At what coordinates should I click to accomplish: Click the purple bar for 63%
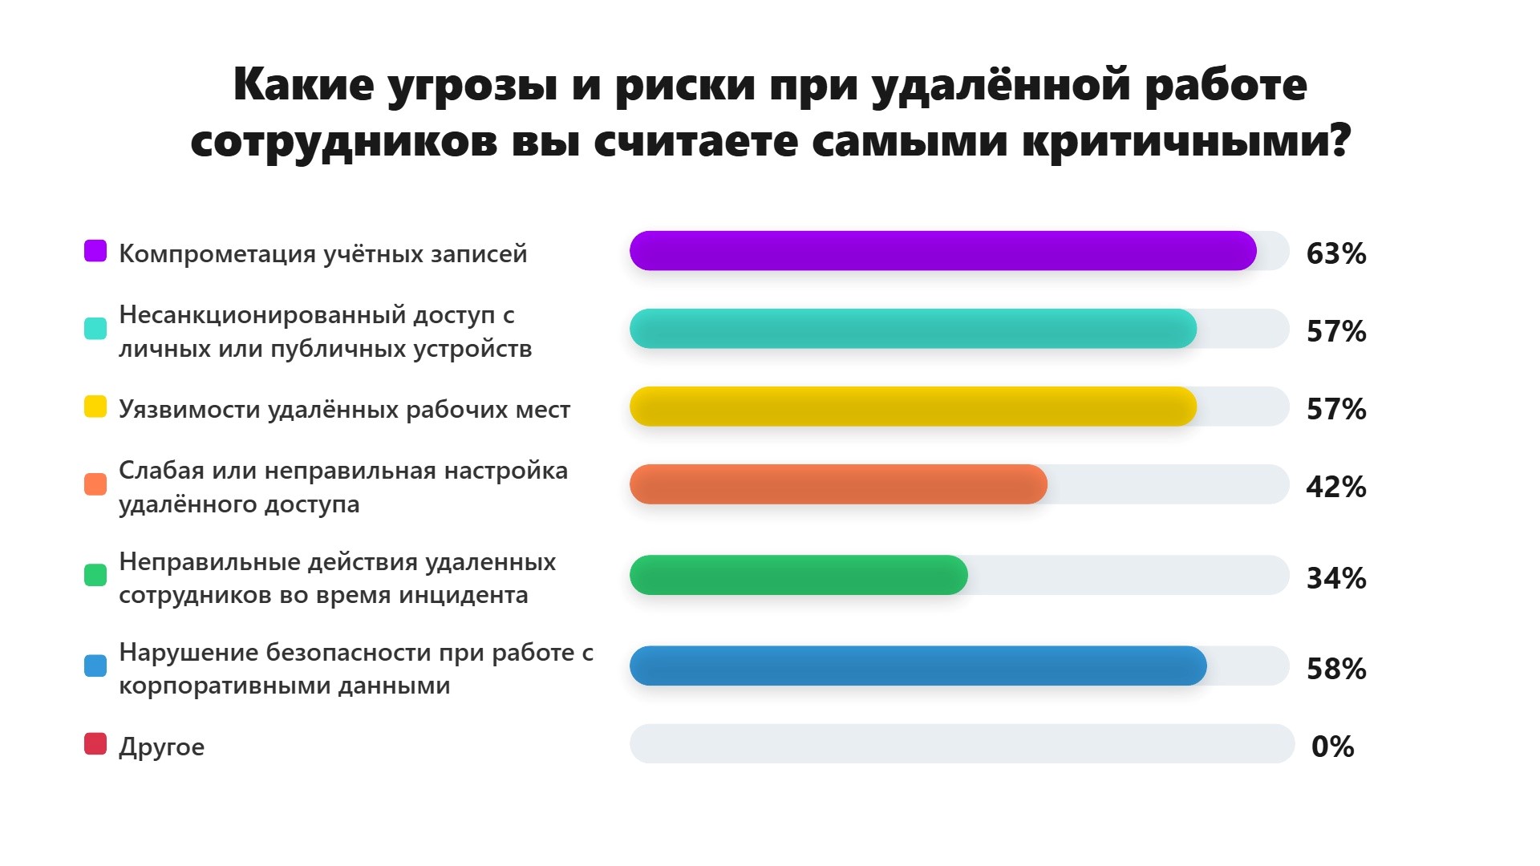[943, 251]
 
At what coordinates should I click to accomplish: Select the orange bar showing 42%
[838, 484]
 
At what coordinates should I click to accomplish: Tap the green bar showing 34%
[799, 575]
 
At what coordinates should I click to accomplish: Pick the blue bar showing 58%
[918, 666]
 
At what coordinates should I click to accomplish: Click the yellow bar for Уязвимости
[914, 407]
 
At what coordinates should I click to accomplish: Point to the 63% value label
[1336, 253]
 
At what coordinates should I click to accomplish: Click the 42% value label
[1336, 487]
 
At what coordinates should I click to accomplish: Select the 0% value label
[1333, 747]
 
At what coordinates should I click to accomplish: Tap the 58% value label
[1336, 669]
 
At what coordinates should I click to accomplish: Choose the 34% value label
[1336, 578]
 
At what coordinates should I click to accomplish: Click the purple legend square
[95, 251]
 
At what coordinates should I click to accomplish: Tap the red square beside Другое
[95, 744]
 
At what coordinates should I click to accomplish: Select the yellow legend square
[95, 407]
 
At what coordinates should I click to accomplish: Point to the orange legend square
[95, 484]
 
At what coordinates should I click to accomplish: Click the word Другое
[162, 747]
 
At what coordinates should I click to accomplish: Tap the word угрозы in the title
[472, 86]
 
